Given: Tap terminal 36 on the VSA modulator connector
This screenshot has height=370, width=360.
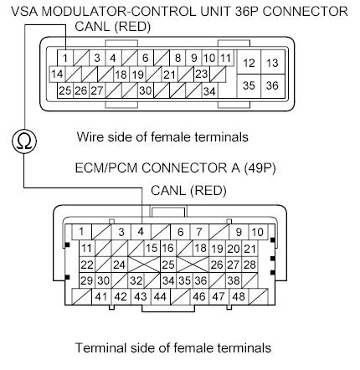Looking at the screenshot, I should pyautogui.click(x=272, y=86).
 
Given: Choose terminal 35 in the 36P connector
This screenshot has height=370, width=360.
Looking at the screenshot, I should pyautogui.click(x=249, y=86).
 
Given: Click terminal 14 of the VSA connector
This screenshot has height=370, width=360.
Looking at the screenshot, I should pyautogui.click(x=58, y=74).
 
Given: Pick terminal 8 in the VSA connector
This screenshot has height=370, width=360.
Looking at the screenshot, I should pyautogui.click(x=178, y=58).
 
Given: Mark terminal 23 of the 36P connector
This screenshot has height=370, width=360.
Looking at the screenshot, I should pyautogui.click(x=201, y=74).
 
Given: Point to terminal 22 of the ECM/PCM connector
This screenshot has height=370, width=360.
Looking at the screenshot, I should pyautogui.click(x=86, y=265).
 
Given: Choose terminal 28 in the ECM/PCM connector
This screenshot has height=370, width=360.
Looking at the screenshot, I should pyautogui.click(x=249, y=265).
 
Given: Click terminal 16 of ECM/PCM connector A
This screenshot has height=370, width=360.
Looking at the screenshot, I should pyautogui.click(x=168, y=249).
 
